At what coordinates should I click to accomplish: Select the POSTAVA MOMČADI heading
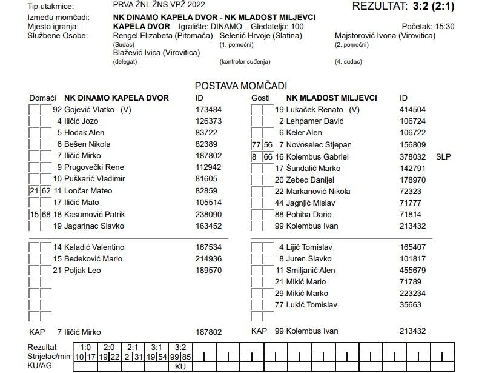[x=240, y=86]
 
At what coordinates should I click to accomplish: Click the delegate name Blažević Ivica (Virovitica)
[x=156, y=53]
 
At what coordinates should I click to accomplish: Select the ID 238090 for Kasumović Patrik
[x=209, y=214]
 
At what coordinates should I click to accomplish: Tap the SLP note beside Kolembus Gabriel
[x=444, y=156]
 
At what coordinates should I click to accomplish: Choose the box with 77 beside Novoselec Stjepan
[x=256, y=145]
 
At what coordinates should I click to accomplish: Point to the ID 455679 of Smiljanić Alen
[x=412, y=270]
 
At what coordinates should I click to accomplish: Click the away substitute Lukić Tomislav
[x=311, y=305]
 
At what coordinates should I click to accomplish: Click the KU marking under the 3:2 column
[x=180, y=366]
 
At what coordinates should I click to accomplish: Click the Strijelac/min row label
[x=49, y=357]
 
